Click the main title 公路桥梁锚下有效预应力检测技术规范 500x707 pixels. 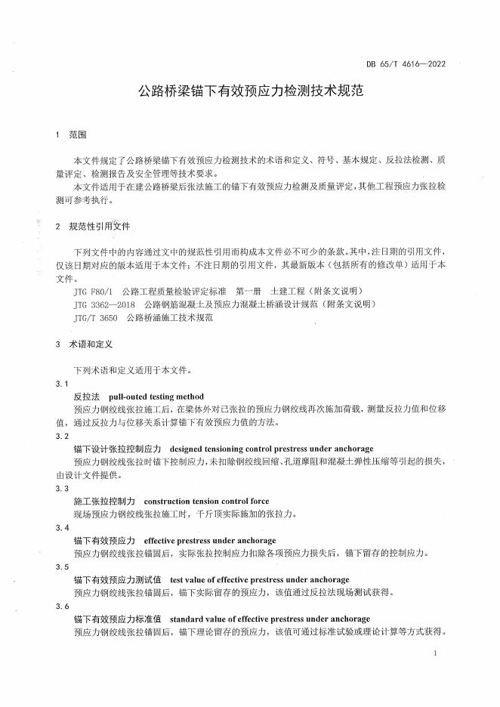click(250, 92)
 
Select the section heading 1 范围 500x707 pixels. click(72, 134)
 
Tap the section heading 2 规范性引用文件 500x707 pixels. click(93, 226)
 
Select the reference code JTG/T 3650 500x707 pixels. click(96, 318)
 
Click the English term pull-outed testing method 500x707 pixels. click(156, 397)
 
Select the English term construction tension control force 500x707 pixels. click(206, 501)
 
